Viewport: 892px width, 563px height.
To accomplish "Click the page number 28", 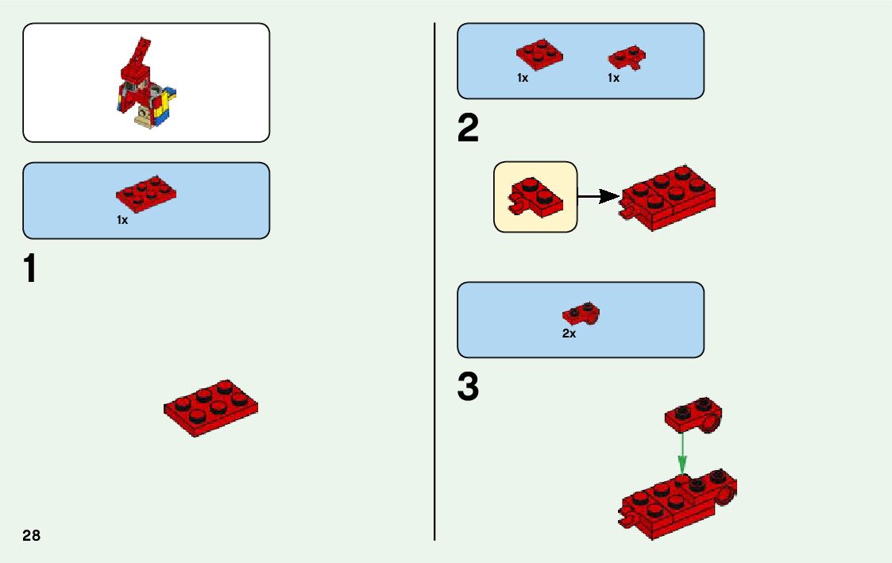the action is pos(32,535).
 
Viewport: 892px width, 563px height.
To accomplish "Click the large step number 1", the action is pos(30,269).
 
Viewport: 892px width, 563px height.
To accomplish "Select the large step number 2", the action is pos(469,129).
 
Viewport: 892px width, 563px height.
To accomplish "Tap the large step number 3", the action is pos(469,388).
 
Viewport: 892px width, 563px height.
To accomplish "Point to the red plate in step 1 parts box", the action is pos(145,193).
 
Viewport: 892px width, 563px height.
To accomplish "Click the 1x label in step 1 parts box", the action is pos(122,220).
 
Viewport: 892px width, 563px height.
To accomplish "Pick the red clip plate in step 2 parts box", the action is pos(627,57).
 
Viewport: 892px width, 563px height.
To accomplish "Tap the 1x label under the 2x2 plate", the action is pos(523,79).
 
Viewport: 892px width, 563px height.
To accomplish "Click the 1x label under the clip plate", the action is pos(613,79).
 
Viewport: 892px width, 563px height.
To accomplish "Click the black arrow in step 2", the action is pos(598,196).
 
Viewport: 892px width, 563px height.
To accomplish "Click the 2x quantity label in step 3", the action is pos(569,334).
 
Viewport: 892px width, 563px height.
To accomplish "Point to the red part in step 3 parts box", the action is pos(581,314).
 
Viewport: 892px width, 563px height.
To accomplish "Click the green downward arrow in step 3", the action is pos(682,453).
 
